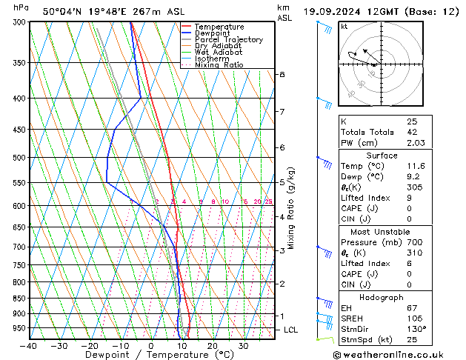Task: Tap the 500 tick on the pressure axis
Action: pos(19,158)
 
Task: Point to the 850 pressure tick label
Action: pos(19,299)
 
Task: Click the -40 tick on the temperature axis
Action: pos(29,346)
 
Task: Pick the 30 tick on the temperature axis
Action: pos(243,346)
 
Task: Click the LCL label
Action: pos(292,330)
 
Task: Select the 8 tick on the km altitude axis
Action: pos(282,75)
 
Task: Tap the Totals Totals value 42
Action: pos(412,131)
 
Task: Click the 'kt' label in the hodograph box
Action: pos(344,26)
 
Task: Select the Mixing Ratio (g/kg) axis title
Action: pos(291,207)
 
